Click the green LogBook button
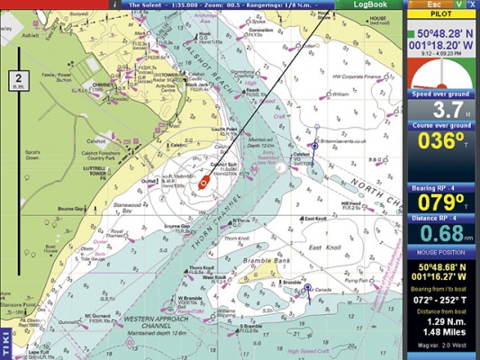pyautogui.click(x=369, y=4)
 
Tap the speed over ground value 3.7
pyautogui.click(x=442, y=110)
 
